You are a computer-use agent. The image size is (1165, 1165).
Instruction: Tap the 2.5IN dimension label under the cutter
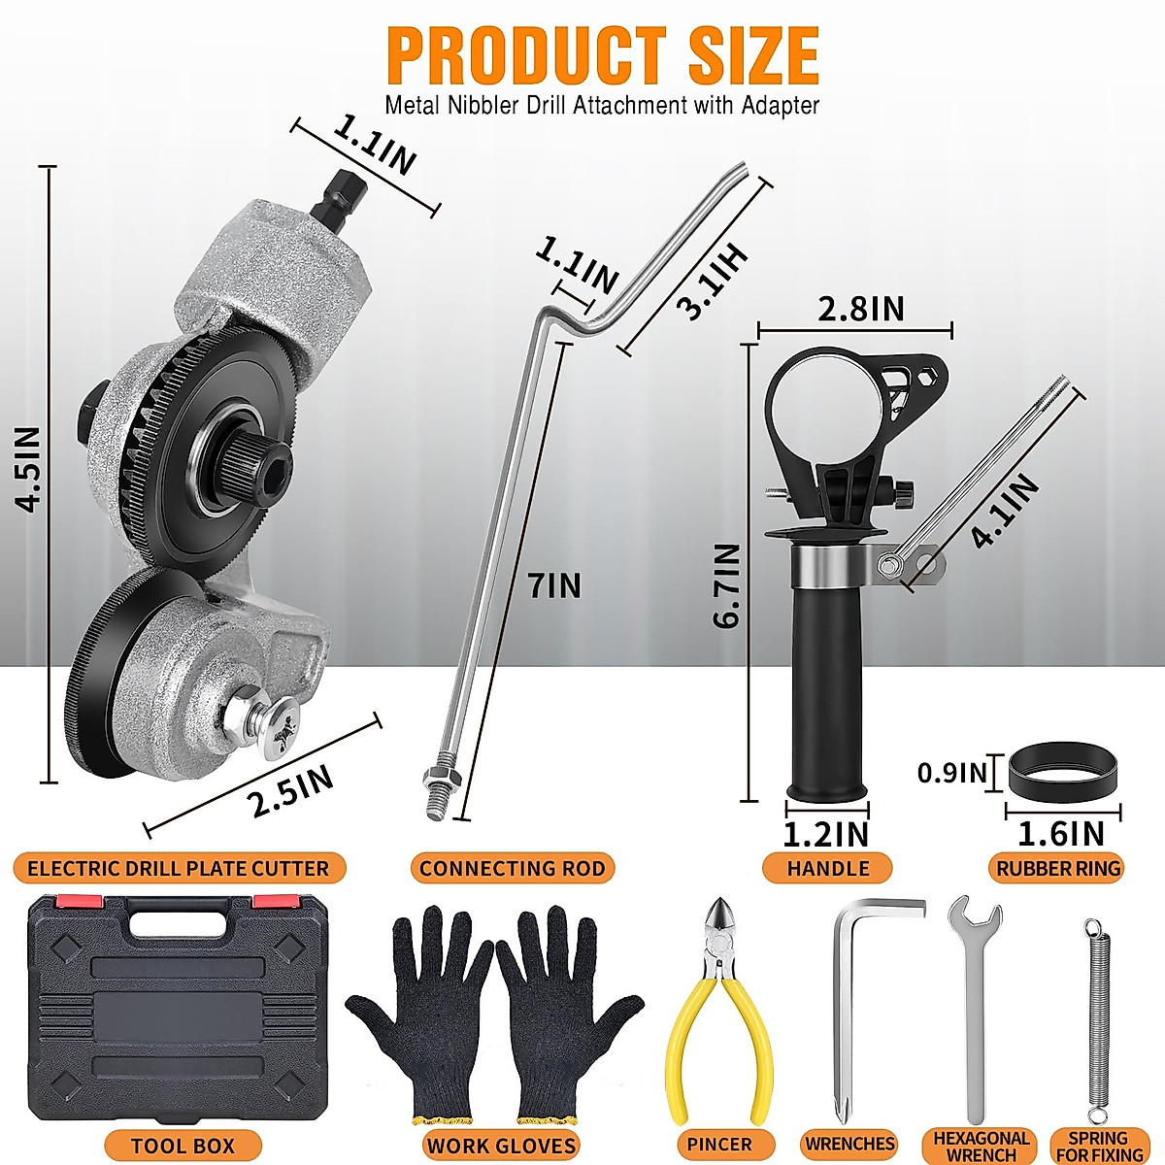[290, 790]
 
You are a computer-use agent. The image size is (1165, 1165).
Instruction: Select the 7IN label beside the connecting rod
[553, 585]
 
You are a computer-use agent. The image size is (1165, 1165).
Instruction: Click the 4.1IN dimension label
[1006, 512]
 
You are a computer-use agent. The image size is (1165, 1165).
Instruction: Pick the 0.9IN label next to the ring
[952, 773]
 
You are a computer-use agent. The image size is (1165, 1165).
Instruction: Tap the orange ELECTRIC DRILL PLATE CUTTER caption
[179, 868]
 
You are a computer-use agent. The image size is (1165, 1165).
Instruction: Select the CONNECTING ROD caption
[512, 868]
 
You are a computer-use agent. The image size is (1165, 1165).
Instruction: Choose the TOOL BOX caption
[183, 1146]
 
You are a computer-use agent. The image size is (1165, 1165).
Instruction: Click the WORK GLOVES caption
[501, 1146]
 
